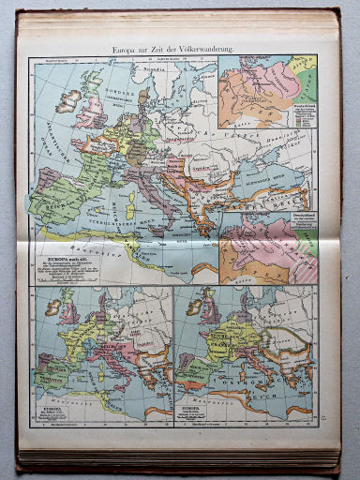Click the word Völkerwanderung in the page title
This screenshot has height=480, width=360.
coord(208,47)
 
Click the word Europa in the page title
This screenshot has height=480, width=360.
coord(127,47)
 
